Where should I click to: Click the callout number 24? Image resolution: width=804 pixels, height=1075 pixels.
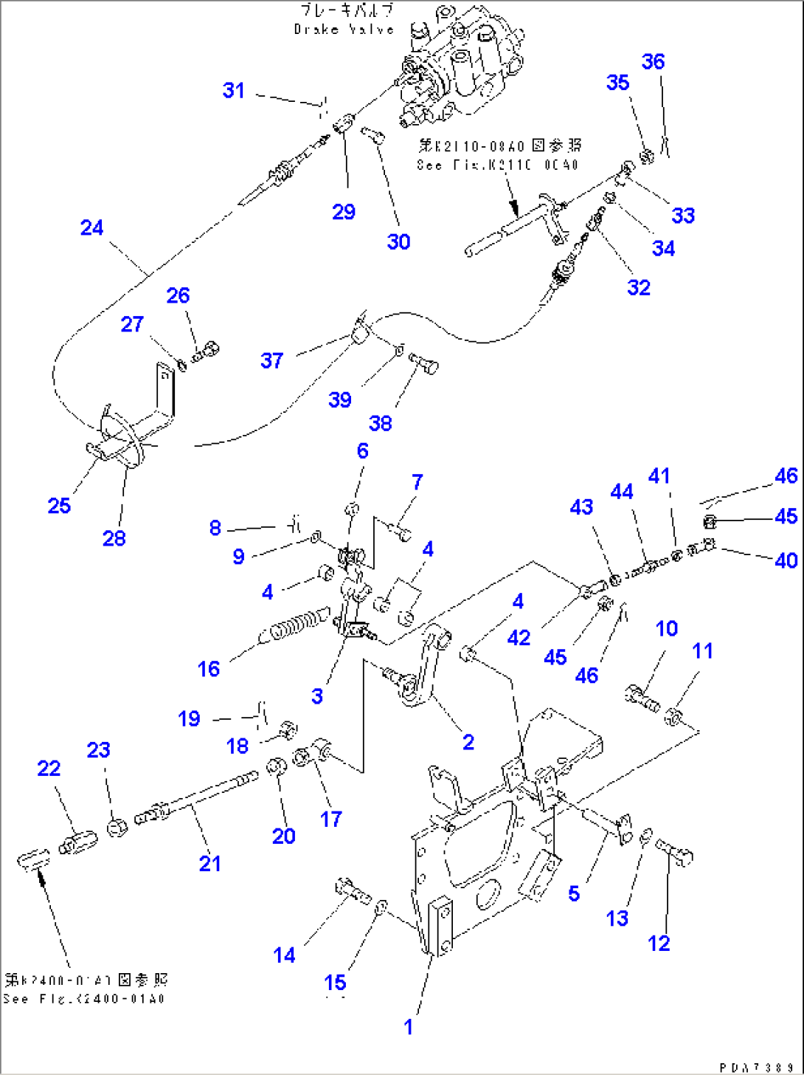point(91,227)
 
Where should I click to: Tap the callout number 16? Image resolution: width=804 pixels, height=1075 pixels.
point(209,669)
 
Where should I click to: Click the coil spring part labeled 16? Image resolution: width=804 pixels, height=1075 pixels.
point(294,625)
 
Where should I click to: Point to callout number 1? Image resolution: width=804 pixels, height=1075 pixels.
point(408,1026)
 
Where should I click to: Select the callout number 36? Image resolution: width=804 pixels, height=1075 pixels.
point(653,61)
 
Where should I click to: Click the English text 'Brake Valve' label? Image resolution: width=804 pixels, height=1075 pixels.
point(344,30)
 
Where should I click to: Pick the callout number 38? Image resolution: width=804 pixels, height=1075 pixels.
point(380,423)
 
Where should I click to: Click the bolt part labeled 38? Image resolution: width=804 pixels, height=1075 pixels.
point(423,362)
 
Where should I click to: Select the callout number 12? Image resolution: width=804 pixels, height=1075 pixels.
point(659,943)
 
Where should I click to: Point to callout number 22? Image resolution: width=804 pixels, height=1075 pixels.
point(49,768)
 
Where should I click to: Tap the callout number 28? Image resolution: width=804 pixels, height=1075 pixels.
point(114,538)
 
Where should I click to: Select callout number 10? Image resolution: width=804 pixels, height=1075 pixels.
point(666,628)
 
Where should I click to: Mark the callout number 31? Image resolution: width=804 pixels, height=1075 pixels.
point(233,90)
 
